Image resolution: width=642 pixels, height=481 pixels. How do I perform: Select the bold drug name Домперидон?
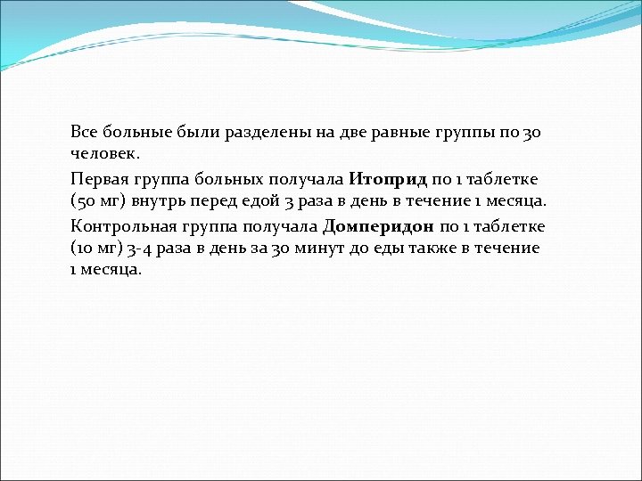379,226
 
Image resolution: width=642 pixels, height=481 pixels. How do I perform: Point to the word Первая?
97,179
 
